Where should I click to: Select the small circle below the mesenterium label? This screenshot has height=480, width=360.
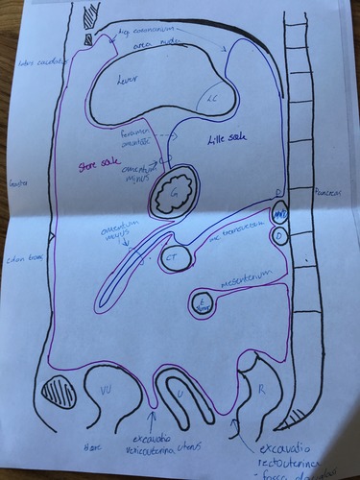pos(202,303)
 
